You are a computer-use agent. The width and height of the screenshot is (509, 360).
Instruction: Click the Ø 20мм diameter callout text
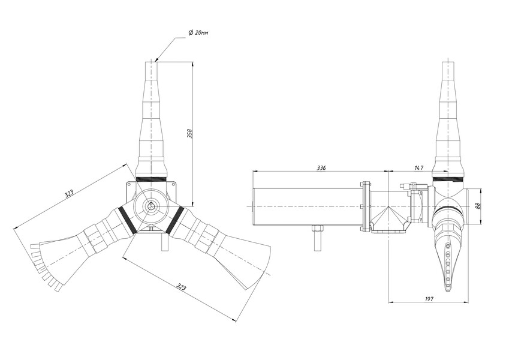(198, 32)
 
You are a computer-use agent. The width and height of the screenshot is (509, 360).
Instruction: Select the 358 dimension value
(190, 134)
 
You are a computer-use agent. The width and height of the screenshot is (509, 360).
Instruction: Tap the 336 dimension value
(321, 167)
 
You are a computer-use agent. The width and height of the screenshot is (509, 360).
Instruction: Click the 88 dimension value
(477, 206)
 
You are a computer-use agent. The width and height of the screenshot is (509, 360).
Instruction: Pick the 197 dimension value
(429, 299)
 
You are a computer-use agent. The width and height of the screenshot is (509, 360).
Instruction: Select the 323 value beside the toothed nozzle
(69, 194)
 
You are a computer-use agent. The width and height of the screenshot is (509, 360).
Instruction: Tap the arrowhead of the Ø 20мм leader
(156, 60)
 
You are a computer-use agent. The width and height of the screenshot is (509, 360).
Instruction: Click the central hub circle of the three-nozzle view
(150, 206)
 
